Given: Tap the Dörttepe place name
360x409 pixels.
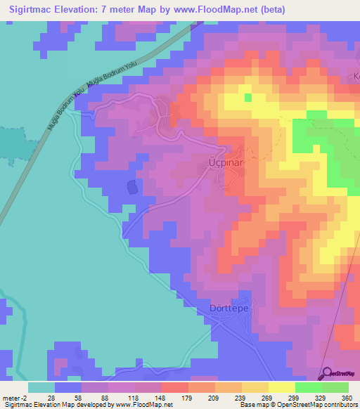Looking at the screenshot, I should tap(230, 307).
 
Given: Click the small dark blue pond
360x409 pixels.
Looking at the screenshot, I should tap(131, 187).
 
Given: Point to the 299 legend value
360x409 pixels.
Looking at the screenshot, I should tap(295, 397).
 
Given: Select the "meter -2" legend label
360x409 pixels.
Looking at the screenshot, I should tap(15, 397).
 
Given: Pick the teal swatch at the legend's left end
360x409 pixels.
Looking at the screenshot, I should tap(41, 387).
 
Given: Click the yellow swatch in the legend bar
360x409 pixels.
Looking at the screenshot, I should tap(281, 387).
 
